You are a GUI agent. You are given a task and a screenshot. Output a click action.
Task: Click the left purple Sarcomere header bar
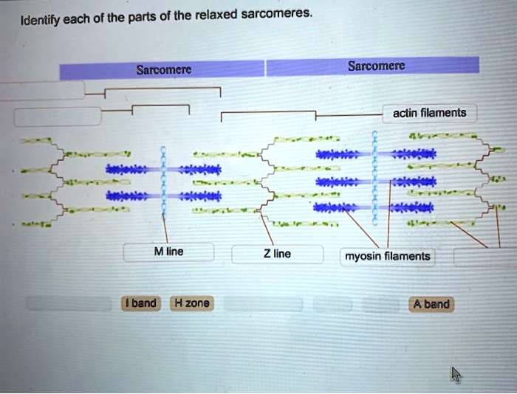click(162, 71)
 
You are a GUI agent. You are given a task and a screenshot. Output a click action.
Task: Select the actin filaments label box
click(429, 113)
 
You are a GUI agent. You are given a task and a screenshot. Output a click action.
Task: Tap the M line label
click(168, 252)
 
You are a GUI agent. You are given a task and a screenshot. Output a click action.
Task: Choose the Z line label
click(277, 254)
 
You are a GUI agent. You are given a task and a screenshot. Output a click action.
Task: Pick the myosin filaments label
click(387, 256)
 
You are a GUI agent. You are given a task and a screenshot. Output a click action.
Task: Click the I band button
click(140, 303)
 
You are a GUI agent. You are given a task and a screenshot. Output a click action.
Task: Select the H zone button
click(191, 303)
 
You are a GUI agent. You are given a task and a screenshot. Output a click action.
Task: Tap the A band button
click(432, 303)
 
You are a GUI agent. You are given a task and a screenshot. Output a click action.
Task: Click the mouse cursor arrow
click(456, 374)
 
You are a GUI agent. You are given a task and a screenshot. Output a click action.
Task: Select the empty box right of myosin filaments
click(485, 256)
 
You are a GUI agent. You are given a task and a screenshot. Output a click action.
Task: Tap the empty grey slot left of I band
click(70, 303)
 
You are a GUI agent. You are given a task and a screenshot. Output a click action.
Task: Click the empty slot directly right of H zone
click(263, 303)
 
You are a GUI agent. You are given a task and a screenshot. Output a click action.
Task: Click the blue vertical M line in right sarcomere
click(376, 177)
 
